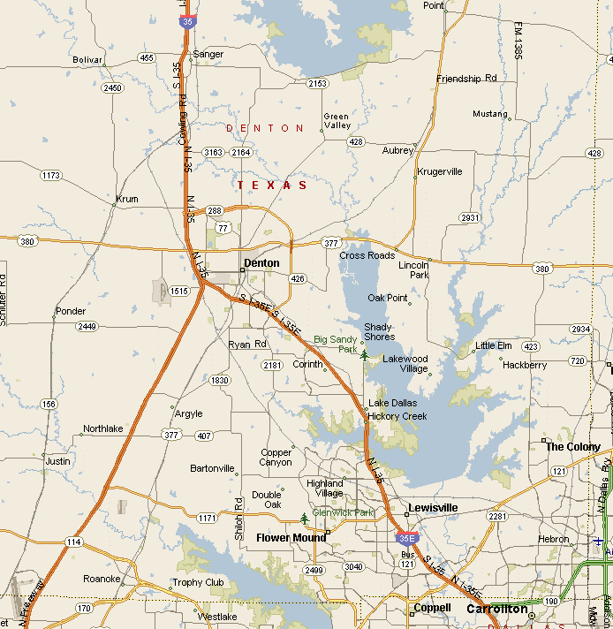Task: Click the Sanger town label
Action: coord(208,54)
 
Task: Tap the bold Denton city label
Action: coord(261,263)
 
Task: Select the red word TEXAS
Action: coord(273,186)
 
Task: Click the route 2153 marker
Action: coord(317,83)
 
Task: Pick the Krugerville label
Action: coord(440,171)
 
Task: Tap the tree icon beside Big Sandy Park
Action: coord(364,354)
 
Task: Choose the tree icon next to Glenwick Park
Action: coord(306,517)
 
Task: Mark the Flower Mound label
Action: coord(291,537)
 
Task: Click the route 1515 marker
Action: coord(179,291)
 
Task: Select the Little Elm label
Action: coord(494,345)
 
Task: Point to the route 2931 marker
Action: coord(469,217)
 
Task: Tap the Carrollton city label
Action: coord(497,610)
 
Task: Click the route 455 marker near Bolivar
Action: coord(147,58)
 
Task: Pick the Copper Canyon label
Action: coord(276,458)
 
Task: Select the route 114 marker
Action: coord(73,542)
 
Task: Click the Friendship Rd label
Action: coord(466,79)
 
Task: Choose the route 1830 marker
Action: coord(220,381)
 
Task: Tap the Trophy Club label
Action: coord(199,583)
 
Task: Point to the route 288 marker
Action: coord(215,210)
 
